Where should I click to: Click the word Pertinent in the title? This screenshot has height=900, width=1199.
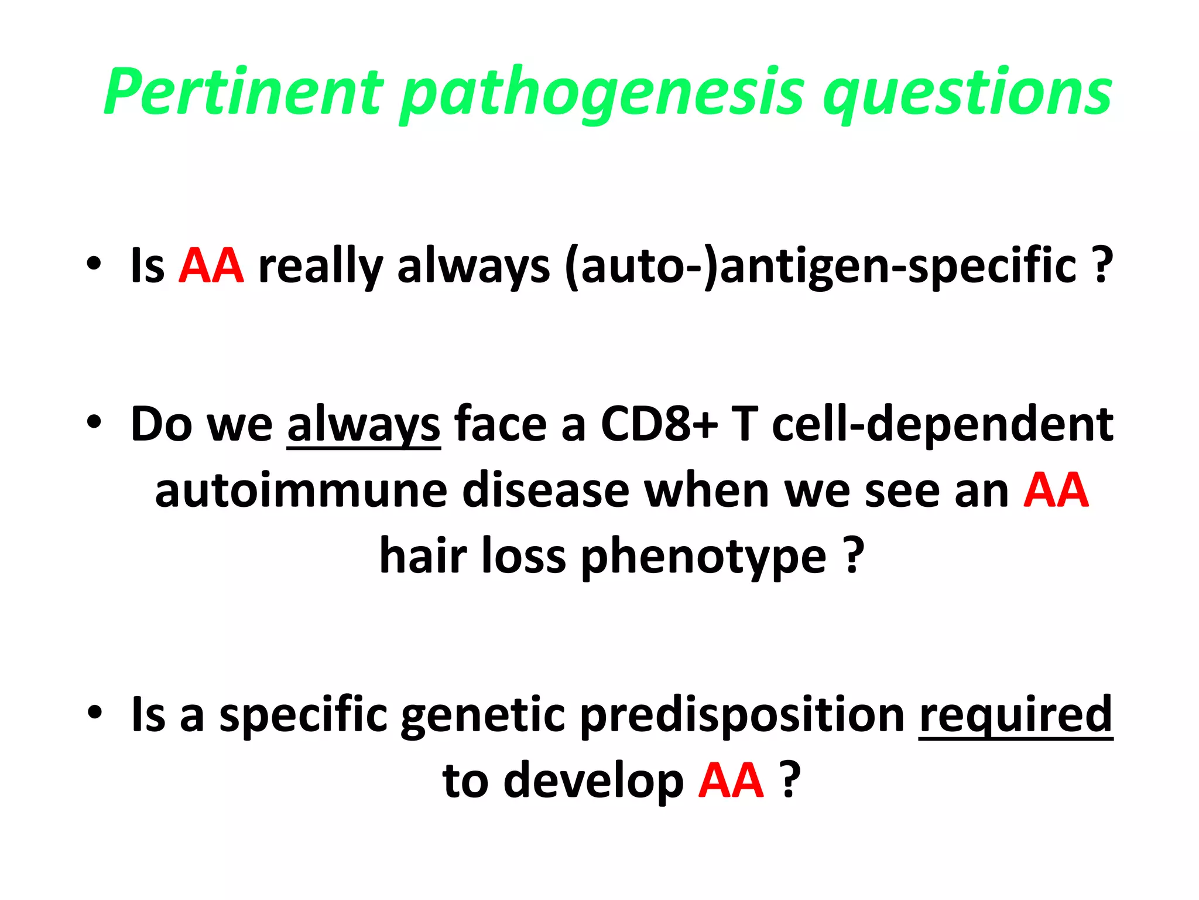tap(244, 92)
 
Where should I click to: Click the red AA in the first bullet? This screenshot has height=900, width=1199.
tap(211, 266)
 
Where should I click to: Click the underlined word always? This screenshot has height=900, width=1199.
tap(363, 424)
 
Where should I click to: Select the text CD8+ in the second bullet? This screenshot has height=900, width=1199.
tap(659, 424)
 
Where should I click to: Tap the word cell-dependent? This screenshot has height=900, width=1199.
tap(943, 424)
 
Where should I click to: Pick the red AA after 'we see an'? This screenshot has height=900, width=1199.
tap(1056, 490)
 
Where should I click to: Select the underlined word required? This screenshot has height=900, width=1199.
tap(1015, 714)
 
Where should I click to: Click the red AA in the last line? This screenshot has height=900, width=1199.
tap(731, 780)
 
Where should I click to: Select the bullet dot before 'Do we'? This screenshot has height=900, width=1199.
tap(94, 421)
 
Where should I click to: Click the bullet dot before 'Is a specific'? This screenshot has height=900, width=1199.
tap(94, 712)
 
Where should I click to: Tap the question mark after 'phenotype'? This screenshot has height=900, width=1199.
tap(854, 555)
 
